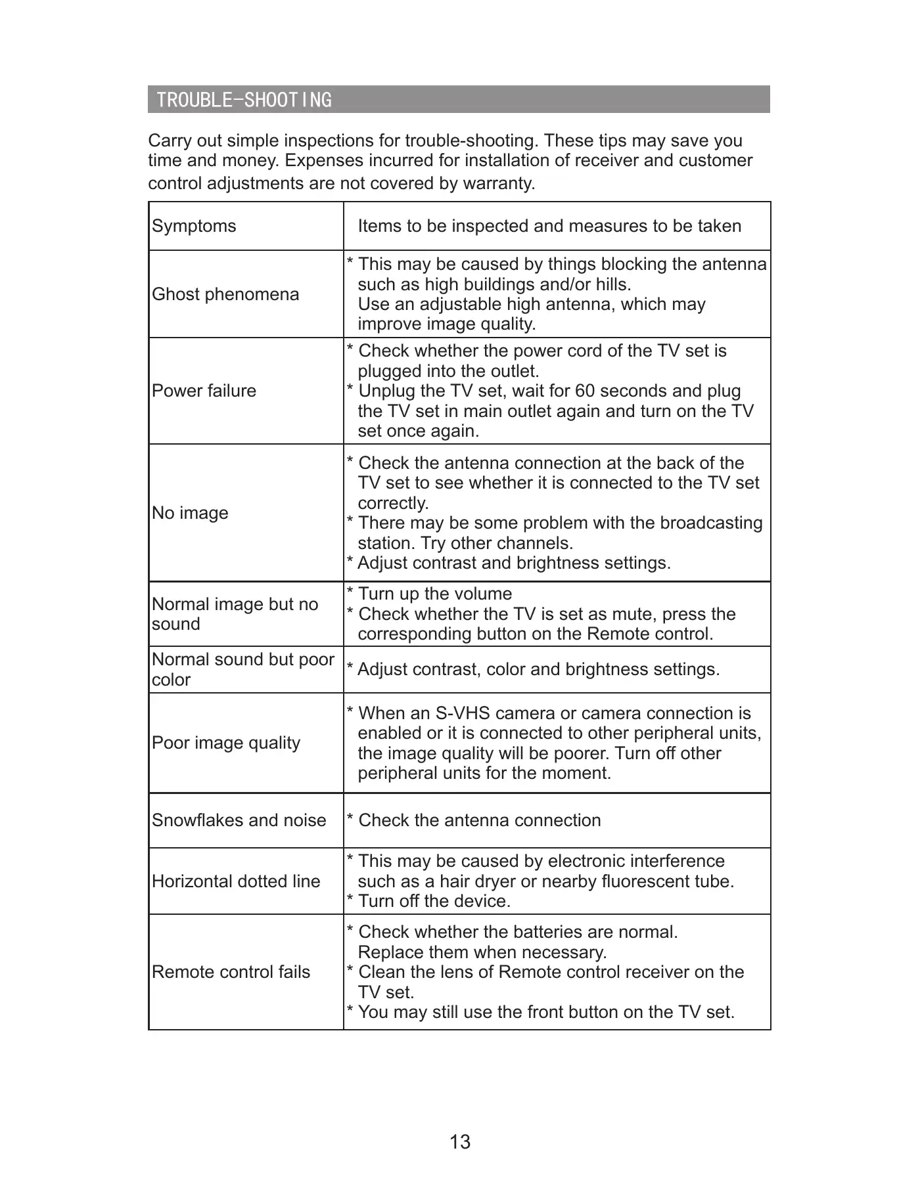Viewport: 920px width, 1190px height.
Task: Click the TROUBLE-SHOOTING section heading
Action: coord(244,100)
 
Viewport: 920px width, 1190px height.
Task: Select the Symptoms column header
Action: coord(194,226)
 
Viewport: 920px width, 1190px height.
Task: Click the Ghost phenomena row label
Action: coord(225,294)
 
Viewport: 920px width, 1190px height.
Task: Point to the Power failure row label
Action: coord(204,391)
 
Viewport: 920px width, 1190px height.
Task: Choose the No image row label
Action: coord(190,513)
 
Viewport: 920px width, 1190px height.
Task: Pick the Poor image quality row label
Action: coord(226,743)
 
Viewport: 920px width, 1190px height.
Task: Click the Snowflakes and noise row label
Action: coord(239,820)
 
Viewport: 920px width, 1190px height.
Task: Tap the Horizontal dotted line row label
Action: coord(236,881)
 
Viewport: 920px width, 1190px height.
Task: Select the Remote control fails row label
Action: coord(231,972)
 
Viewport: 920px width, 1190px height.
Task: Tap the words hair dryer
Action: coord(477,881)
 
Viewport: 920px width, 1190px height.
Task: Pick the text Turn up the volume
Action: coord(435,594)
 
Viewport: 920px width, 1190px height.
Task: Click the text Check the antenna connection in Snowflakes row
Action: coord(480,820)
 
